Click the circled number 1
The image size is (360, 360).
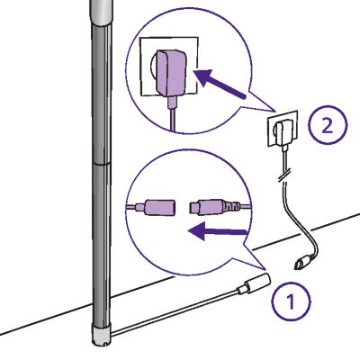coord(291,301)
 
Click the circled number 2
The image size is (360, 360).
coord(328,125)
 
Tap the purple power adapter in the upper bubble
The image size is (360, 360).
coord(170,73)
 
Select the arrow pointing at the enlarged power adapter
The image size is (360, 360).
coord(220,82)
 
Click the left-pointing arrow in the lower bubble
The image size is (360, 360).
coord(218,231)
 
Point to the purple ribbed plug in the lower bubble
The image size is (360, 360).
coord(214,207)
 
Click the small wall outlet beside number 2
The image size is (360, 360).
coord(283,129)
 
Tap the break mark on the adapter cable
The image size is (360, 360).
coord(284,175)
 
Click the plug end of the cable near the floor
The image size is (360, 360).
coord(302,263)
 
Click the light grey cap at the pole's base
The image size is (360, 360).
coord(103,334)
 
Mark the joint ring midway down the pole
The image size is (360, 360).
coord(101,165)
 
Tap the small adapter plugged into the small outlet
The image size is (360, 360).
coord(282,133)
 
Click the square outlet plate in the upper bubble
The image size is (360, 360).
coord(169,67)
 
